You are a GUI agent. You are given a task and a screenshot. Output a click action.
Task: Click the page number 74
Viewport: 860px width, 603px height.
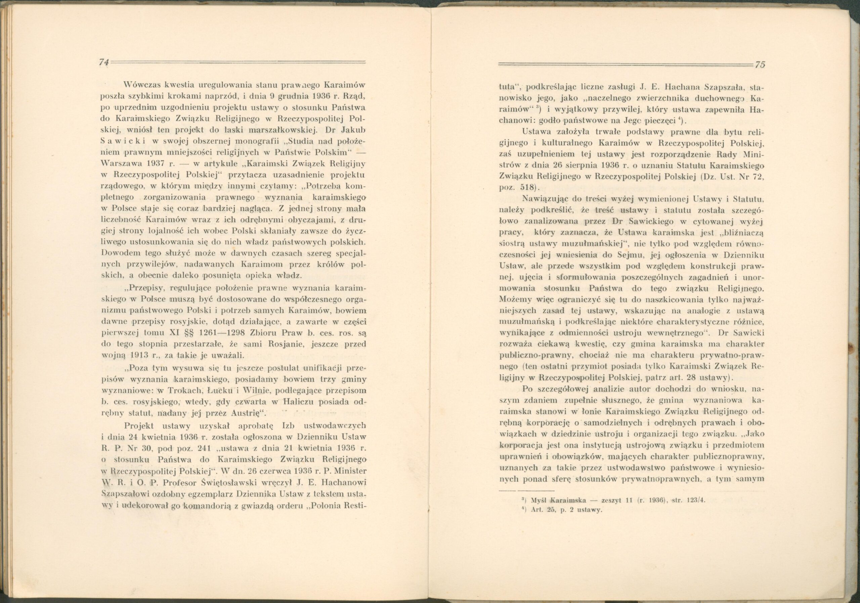[x=103, y=63]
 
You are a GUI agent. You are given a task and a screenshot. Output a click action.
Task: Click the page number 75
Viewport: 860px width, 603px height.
[x=760, y=65]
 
